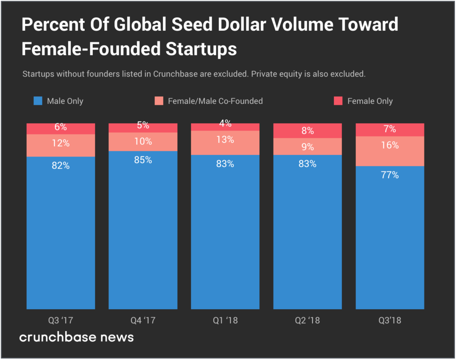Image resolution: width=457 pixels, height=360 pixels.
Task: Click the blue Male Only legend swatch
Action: click(x=38, y=101)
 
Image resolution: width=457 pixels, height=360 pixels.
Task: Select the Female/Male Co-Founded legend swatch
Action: click(x=159, y=101)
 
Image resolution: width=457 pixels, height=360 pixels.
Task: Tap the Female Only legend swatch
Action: click(x=338, y=101)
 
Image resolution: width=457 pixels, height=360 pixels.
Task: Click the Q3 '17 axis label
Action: click(x=61, y=320)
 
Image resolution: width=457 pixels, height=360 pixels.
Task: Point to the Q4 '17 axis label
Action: click(x=143, y=320)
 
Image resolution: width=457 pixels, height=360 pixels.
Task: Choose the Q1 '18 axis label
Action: click(x=225, y=320)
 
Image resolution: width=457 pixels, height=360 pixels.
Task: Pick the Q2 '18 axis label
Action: click(x=307, y=320)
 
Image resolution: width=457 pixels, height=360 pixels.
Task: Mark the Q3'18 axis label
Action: click(x=390, y=320)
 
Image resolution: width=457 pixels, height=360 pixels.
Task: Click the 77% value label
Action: click(x=390, y=175)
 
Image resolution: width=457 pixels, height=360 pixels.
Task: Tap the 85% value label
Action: click(x=143, y=160)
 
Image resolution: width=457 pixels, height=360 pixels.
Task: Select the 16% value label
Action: click(x=390, y=145)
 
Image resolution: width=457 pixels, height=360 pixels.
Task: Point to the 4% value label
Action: click(x=225, y=124)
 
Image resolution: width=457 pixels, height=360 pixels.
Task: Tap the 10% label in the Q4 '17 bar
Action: click(x=143, y=141)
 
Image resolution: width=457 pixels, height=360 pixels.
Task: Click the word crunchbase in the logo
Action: click(x=58, y=337)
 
